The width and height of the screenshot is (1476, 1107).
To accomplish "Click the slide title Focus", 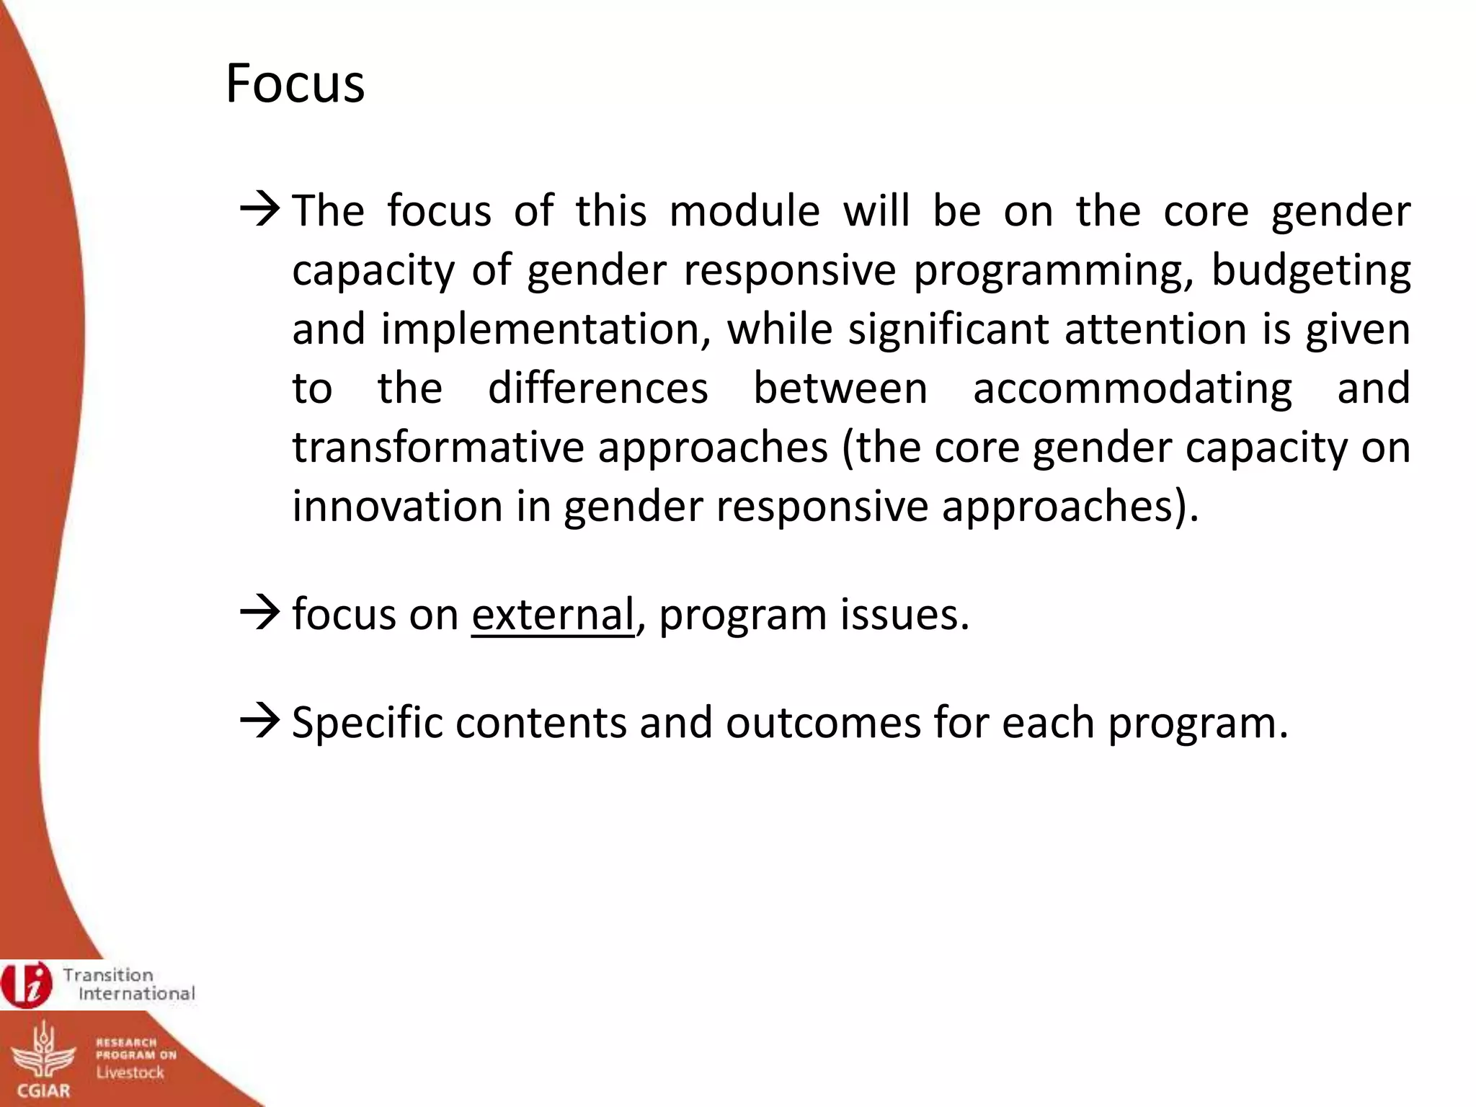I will (x=295, y=84).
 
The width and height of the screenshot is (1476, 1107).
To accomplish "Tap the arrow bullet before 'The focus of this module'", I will (x=260, y=210).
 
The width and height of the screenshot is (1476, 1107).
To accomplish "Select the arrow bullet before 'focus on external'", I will (x=260, y=614).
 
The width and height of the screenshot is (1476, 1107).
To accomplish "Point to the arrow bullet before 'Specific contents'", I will (x=260, y=722).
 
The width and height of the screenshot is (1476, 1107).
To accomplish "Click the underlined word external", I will (x=553, y=615).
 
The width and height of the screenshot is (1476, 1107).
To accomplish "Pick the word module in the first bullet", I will (x=744, y=211).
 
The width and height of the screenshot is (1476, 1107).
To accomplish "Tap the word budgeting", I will (x=1310, y=272).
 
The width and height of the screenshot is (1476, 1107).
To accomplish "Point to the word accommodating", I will (x=1132, y=389).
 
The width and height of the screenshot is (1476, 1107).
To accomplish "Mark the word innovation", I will (x=397, y=506).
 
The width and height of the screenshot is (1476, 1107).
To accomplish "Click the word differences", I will (x=597, y=388).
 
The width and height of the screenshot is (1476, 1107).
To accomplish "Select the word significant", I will (x=948, y=329).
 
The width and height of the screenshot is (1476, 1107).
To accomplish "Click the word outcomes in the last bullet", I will (x=822, y=723).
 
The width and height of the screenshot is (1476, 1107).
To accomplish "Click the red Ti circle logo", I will (x=27, y=984).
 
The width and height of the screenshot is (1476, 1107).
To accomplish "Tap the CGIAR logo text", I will (x=43, y=1090).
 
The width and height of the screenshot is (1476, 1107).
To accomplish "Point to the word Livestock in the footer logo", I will (x=130, y=1072).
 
